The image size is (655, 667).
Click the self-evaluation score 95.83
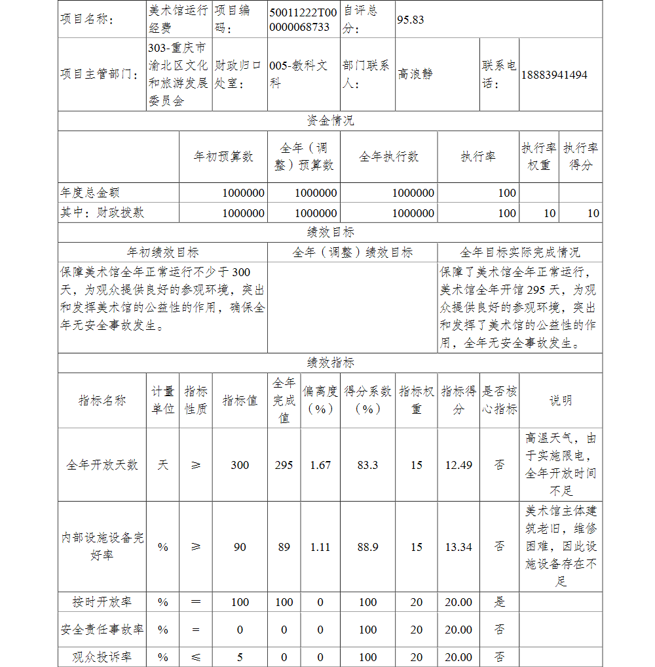click(411, 20)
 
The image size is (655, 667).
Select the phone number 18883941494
click(554, 75)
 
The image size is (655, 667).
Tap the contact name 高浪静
click(415, 75)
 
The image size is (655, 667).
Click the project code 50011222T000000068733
click(303, 20)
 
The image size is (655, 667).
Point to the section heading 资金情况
click(330, 121)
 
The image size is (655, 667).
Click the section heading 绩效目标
click(330, 232)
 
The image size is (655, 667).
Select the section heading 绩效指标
click(330, 363)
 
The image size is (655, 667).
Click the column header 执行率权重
click(539, 157)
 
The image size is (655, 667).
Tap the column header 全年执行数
click(388, 157)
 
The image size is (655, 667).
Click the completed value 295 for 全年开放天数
click(284, 465)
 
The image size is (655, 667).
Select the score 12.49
click(458, 465)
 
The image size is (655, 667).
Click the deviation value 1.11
click(320, 547)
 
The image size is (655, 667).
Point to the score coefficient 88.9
click(367, 547)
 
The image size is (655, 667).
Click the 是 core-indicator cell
click(499, 602)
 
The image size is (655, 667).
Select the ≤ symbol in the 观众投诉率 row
click(195, 657)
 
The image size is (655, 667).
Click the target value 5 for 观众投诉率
click(240, 657)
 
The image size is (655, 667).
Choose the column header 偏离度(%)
click(320, 400)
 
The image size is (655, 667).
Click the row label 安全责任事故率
click(102, 630)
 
